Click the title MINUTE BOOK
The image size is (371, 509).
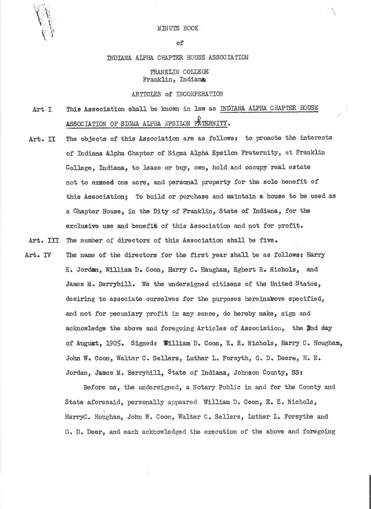point(178,26)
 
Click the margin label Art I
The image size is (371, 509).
point(44,108)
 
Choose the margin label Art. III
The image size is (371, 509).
point(44,240)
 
